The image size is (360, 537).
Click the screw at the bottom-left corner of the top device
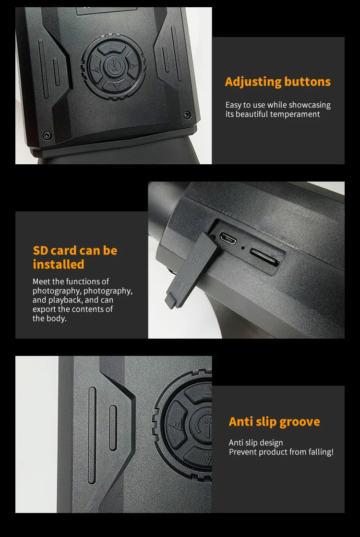pyautogui.click(x=47, y=135)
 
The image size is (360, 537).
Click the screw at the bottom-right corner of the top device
pyautogui.click(x=187, y=115)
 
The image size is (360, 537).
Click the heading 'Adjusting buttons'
pyautogui.click(x=278, y=82)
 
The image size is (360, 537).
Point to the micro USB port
pyautogui.click(x=228, y=239)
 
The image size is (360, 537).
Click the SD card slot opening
pyautogui.click(x=264, y=257)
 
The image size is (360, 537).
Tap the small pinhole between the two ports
pyautogui.click(x=242, y=248)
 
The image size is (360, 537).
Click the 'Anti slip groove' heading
pyautogui.click(x=275, y=422)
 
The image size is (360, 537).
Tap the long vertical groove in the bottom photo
pyautogui.click(x=92, y=435)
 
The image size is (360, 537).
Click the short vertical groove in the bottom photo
pyautogui.click(x=113, y=428)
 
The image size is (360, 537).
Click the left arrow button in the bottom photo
pyautogui.click(x=176, y=425)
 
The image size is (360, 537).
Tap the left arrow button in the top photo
pyautogui.click(x=96, y=68)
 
